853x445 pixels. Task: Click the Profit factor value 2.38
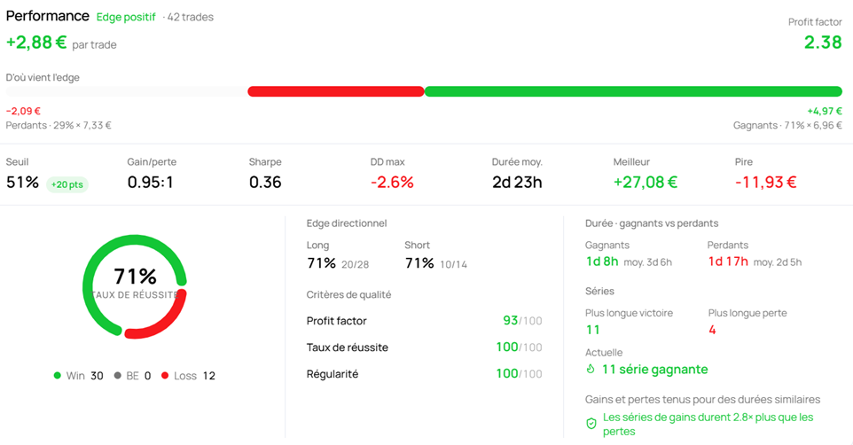823,42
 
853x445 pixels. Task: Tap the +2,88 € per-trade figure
36,43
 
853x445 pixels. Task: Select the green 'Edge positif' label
126,18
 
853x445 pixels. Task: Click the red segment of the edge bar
336,91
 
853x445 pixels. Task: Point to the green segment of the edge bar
633,91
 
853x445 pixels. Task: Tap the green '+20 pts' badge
67,184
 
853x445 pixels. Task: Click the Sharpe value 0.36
265,183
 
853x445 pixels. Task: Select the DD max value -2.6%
392,183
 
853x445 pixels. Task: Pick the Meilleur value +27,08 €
646,183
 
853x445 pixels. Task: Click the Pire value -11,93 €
765,183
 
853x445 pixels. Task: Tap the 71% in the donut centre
135,277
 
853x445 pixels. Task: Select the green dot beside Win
57,375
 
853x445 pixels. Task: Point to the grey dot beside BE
117,375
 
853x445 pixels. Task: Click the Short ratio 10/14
454,264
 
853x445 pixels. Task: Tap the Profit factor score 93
510,320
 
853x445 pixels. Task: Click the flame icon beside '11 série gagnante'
591,370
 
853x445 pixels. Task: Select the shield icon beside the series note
591,424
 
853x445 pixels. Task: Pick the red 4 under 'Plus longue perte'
712,330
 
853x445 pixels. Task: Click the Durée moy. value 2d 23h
517,183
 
